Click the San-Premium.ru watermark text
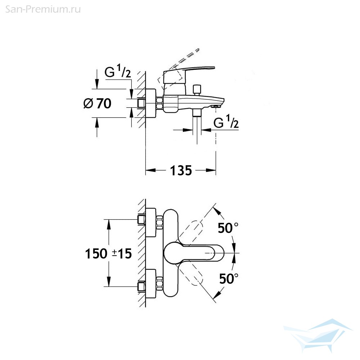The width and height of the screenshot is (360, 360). click(43, 9)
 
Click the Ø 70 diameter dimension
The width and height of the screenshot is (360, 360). click(97, 103)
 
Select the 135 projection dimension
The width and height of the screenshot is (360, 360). click(181, 170)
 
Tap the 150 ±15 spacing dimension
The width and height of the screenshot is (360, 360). click(108, 254)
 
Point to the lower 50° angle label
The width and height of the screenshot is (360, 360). click(229, 279)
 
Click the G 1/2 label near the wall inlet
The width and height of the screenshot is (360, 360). click(118, 71)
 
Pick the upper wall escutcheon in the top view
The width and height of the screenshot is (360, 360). click(151, 222)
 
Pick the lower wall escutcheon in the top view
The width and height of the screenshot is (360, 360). click(151, 284)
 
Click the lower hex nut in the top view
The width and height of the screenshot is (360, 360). click(159, 284)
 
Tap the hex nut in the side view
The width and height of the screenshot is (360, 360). click(159, 103)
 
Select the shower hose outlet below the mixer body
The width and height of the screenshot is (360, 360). click(197, 113)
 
